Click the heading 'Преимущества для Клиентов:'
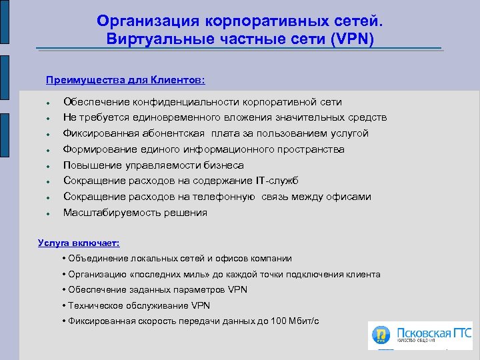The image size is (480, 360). click(x=125, y=81)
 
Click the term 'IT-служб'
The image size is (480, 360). click(x=276, y=181)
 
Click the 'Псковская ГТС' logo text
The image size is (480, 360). click(x=433, y=331)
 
